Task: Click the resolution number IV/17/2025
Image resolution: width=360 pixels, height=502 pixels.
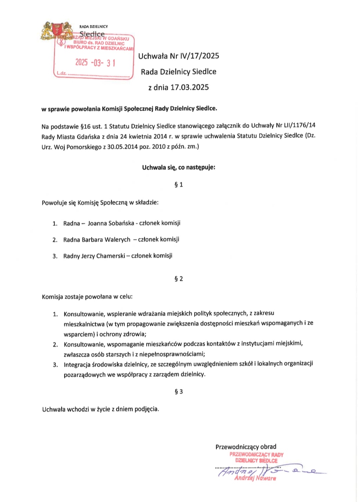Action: tap(200, 56)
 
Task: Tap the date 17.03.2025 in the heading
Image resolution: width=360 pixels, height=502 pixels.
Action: tap(190, 87)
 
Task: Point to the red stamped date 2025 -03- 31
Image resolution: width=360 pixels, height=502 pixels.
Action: tap(95, 62)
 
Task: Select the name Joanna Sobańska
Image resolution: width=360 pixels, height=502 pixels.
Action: tap(111, 223)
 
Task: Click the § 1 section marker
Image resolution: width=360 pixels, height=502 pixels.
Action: tap(179, 185)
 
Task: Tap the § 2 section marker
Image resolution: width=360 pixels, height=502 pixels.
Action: tap(179, 279)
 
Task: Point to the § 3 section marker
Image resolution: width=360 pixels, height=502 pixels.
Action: tap(179, 392)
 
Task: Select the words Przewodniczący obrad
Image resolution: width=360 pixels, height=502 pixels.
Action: tap(246, 447)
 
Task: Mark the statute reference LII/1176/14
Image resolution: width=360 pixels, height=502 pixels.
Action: tap(299, 125)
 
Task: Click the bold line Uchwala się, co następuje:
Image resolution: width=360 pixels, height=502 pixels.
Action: tap(179, 167)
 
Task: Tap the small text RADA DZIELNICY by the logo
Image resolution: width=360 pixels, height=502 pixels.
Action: tap(94, 26)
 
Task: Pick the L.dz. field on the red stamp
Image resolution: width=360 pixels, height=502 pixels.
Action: tap(62, 73)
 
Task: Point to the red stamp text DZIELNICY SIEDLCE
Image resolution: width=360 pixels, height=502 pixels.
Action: tap(256, 461)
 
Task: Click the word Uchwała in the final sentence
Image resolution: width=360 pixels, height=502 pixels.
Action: tap(54, 409)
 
